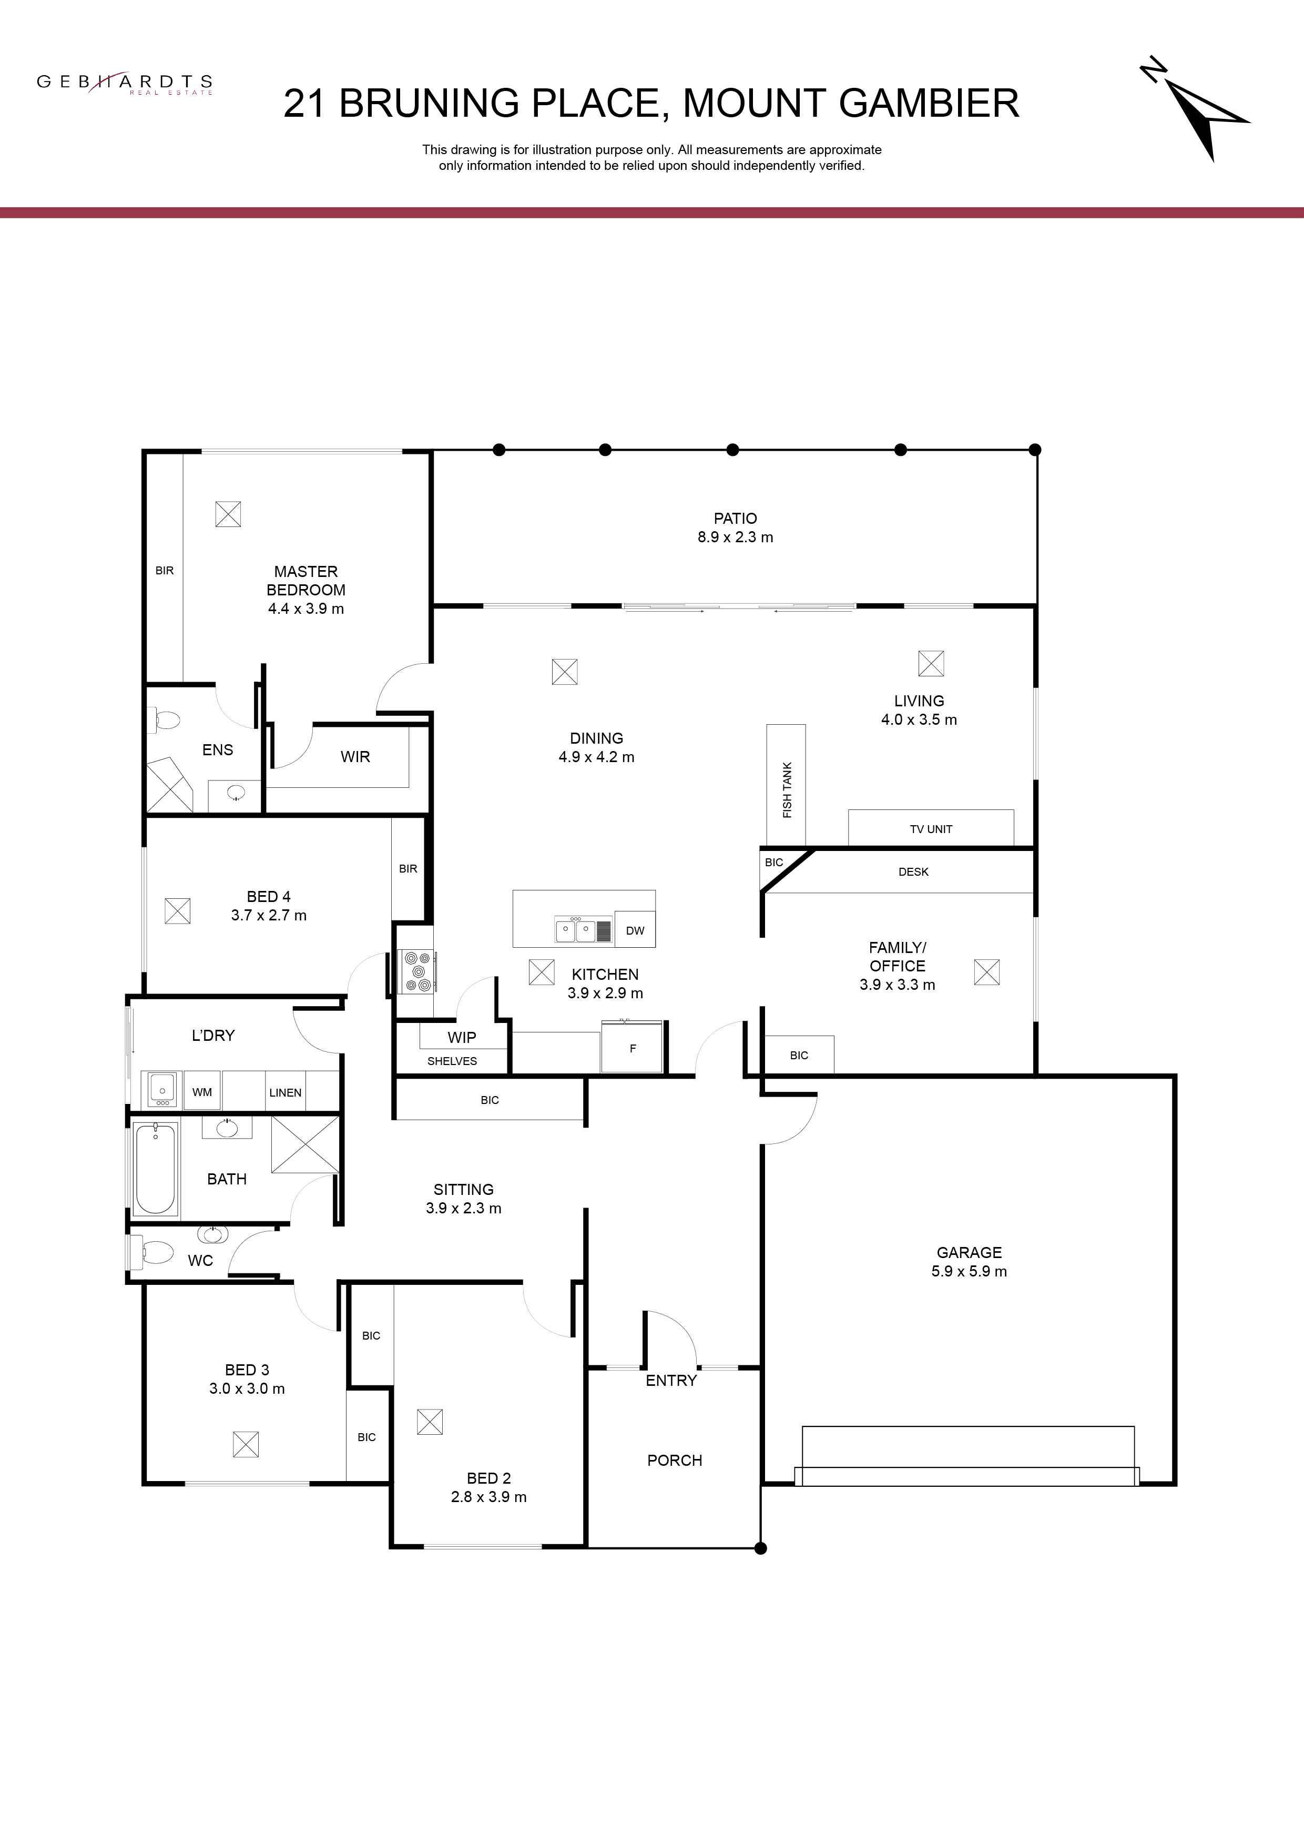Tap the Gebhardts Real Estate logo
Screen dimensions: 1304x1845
(125, 83)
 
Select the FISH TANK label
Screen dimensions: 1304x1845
(787, 790)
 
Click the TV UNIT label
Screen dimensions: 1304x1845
(930, 829)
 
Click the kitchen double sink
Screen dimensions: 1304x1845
(575, 930)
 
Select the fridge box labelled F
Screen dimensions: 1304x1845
(633, 1048)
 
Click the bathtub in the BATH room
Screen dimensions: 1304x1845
(155, 1169)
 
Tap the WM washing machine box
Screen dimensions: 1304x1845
(202, 1091)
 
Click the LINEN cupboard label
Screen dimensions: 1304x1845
(285, 1093)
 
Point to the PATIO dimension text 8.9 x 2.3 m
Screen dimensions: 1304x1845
(735, 537)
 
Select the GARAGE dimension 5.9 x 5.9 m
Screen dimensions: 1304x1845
(969, 1271)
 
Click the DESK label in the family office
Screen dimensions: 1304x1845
(913, 872)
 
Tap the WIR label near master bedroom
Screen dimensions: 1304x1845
(355, 757)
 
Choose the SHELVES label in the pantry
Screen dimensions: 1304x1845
(452, 1061)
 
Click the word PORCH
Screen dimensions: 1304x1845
(675, 1460)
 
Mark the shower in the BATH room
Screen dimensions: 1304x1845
(305, 1145)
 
